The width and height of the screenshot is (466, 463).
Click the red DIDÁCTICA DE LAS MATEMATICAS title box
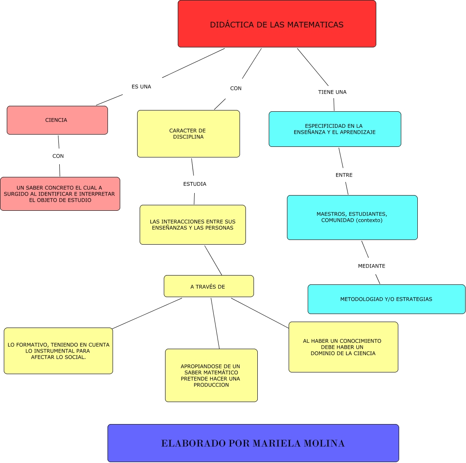(x=277, y=24)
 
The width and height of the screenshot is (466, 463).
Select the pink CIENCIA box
(x=57, y=120)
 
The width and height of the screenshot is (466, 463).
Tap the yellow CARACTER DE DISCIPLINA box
(x=188, y=134)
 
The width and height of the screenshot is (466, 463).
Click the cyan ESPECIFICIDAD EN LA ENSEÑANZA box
(x=335, y=129)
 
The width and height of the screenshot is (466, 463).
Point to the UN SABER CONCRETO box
(x=60, y=194)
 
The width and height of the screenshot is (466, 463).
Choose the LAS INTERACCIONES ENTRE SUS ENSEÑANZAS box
(x=193, y=225)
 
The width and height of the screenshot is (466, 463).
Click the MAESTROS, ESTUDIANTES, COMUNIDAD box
(x=352, y=218)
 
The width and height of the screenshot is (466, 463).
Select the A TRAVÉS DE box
(x=209, y=287)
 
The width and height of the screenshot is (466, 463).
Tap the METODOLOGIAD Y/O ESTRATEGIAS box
(x=386, y=299)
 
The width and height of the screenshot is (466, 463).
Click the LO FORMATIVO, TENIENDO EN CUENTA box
(x=58, y=351)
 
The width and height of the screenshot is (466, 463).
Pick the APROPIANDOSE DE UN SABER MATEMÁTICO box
(x=211, y=375)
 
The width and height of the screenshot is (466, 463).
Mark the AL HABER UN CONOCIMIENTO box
(x=343, y=347)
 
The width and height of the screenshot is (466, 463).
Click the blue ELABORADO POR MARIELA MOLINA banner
(x=253, y=443)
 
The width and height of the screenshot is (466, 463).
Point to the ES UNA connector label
(x=141, y=87)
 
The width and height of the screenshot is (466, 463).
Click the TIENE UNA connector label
(x=332, y=92)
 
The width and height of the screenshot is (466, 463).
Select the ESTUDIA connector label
(x=195, y=184)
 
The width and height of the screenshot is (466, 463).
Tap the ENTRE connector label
(x=344, y=175)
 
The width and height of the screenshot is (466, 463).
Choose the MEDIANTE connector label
(x=372, y=266)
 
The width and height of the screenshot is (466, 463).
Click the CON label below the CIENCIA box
(x=58, y=156)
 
